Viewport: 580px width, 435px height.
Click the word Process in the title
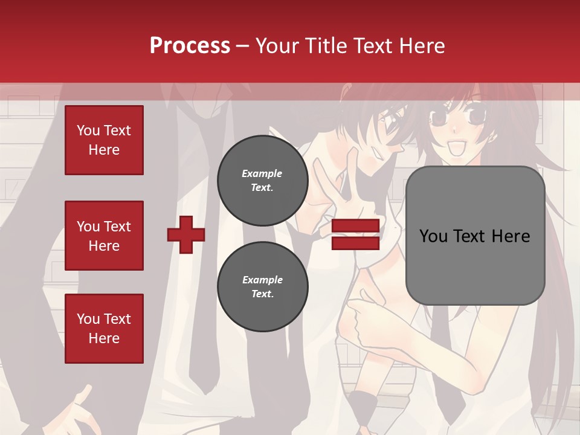pos(190,45)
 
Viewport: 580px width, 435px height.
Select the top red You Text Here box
pos(104,140)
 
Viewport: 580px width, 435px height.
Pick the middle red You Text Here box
pos(104,236)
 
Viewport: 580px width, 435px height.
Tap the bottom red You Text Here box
pos(104,329)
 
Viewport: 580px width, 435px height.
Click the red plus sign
pos(185,234)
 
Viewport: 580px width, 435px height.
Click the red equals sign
pos(355,234)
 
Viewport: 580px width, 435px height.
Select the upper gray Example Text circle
pos(262,181)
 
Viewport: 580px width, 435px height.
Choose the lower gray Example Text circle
pos(262,286)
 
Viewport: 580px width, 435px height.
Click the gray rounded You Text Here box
pos(475,236)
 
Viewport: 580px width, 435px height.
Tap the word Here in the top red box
pos(104,150)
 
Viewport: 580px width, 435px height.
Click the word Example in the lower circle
pos(262,280)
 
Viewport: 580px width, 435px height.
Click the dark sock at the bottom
pos(363,411)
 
